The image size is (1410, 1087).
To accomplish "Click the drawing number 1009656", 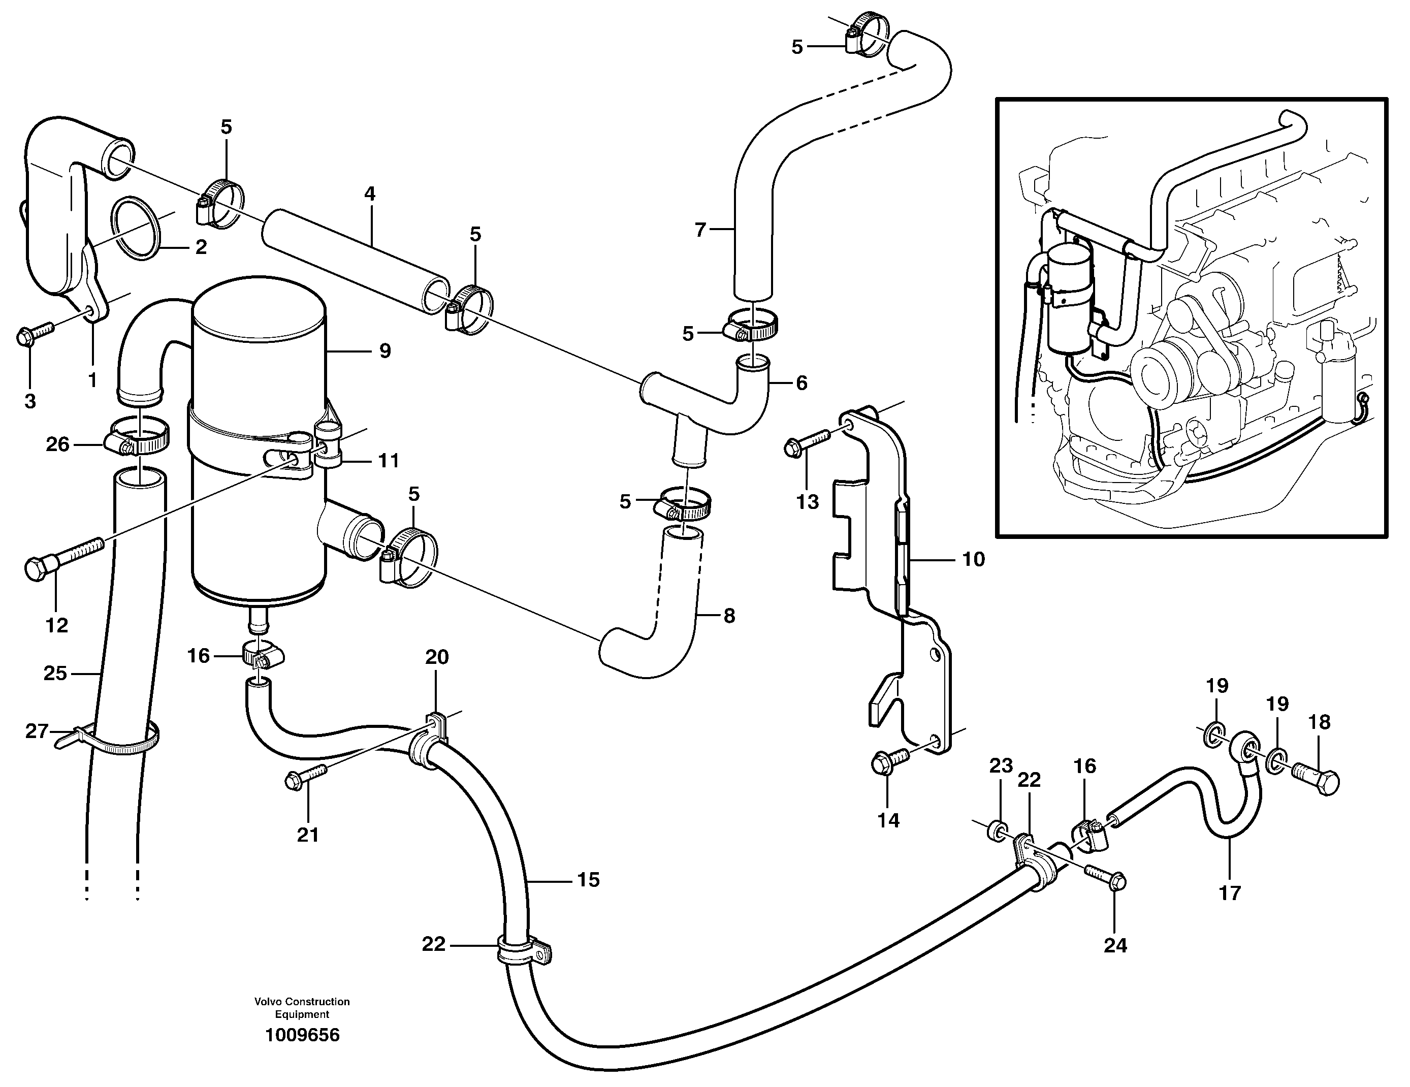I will click(x=302, y=1035).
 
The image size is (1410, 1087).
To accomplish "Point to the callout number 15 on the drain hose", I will click(x=588, y=880).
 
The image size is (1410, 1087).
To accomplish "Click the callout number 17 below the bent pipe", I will click(x=1229, y=893).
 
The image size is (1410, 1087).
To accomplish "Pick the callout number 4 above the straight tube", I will click(x=369, y=194).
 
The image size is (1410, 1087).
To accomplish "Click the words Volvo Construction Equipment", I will click(x=302, y=1008).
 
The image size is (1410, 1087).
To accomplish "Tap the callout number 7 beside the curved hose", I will click(x=700, y=229).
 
